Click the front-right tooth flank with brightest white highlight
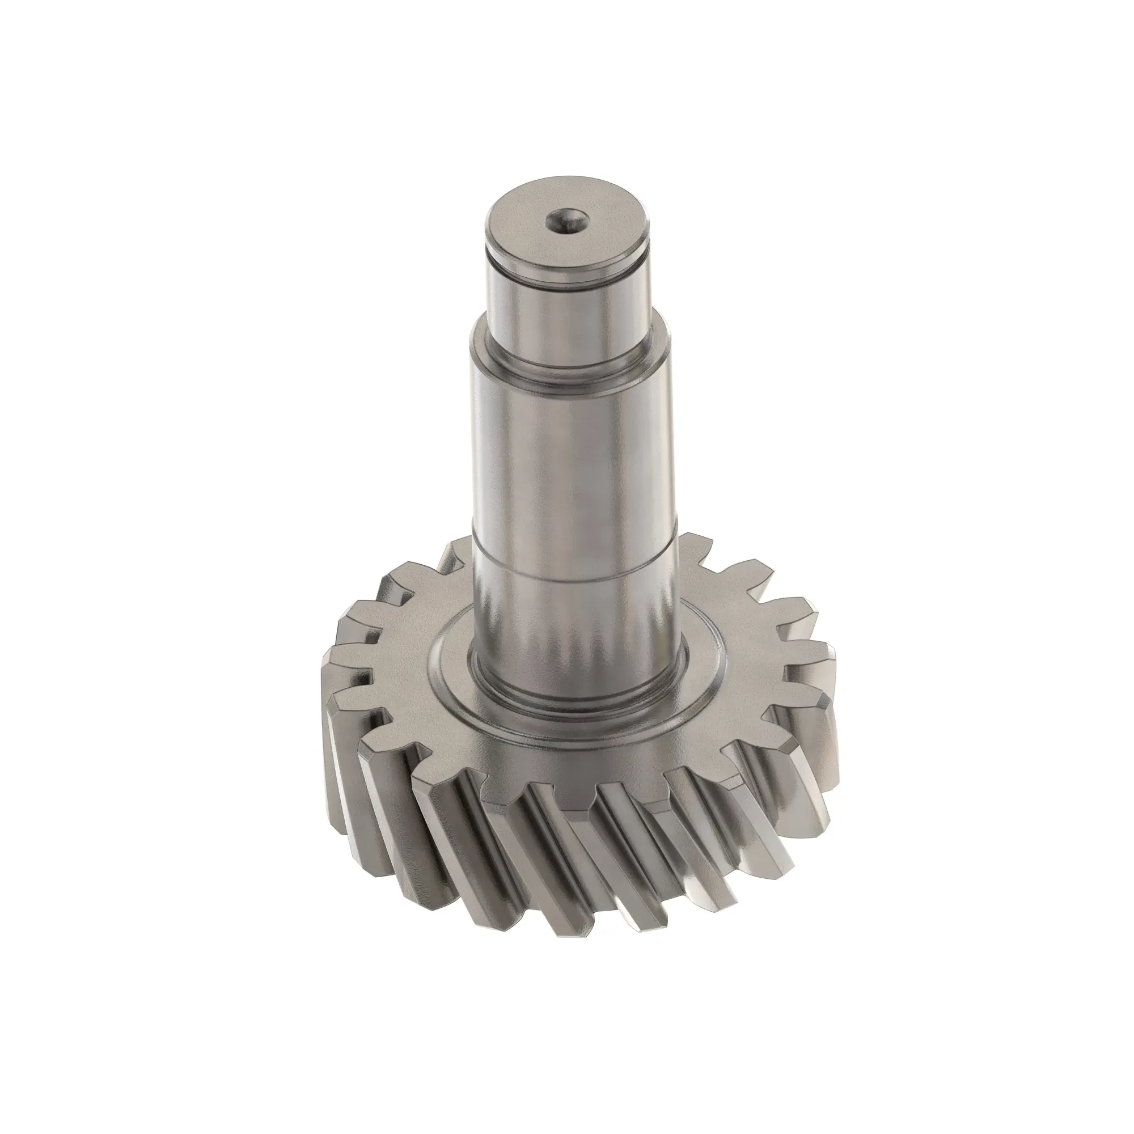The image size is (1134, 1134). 763,833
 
